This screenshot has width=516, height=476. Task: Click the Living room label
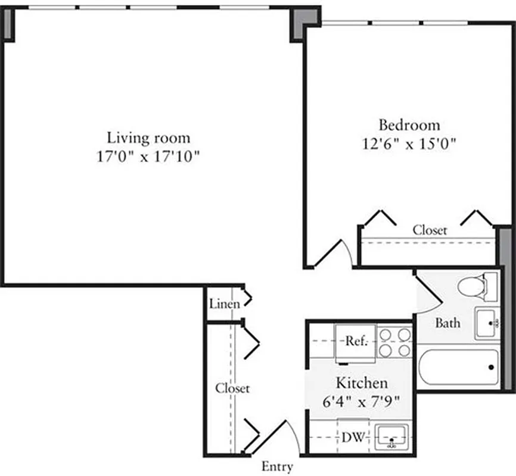148,138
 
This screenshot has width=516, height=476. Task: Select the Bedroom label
409,125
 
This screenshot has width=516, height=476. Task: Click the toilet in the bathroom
476,287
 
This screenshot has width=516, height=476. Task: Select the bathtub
458,367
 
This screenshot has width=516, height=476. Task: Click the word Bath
447,323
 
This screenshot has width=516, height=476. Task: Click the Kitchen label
362,383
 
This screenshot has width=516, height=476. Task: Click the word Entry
277,466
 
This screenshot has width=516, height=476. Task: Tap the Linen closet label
225,303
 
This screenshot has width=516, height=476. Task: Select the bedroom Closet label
430,230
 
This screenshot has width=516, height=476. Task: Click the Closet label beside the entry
232,388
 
